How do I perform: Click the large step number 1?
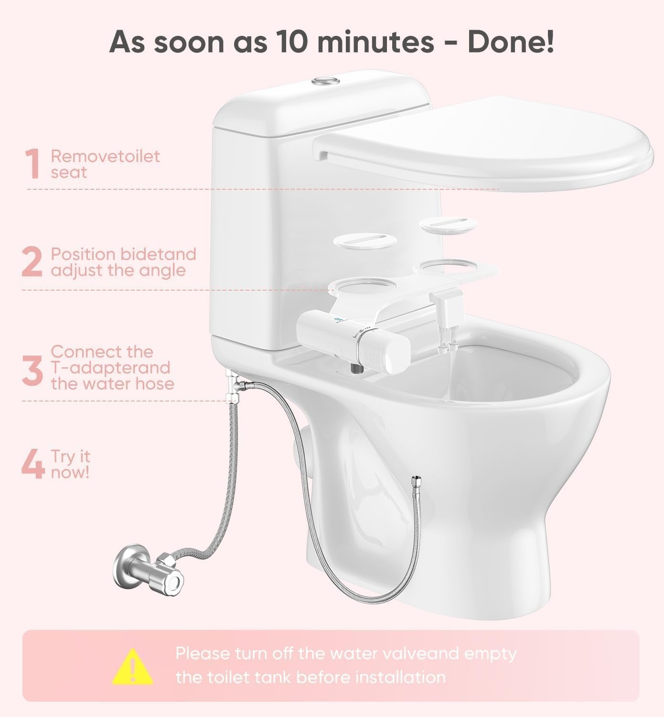click(x=32, y=164)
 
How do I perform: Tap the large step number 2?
click(x=32, y=262)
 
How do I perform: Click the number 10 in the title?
click(x=292, y=42)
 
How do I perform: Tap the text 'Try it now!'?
click(x=70, y=464)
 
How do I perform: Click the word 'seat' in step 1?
click(x=69, y=173)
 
